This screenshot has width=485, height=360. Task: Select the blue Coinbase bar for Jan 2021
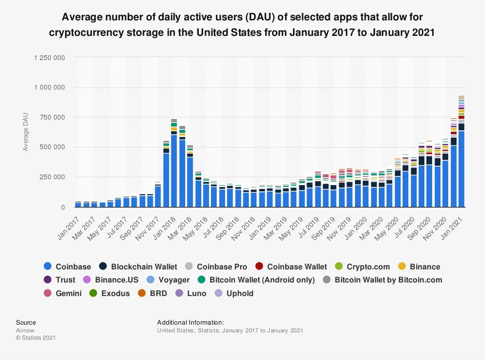click(x=461, y=169)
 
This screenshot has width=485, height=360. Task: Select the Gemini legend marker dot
click(x=47, y=293)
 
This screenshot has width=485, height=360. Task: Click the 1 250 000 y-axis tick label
click(x=49, y=58)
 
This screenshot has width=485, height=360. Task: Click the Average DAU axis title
click(x=26, y=132)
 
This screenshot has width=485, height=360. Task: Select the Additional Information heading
click(x=190, y=322)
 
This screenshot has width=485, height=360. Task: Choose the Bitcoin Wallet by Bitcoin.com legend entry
click(x=388, y=280)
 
